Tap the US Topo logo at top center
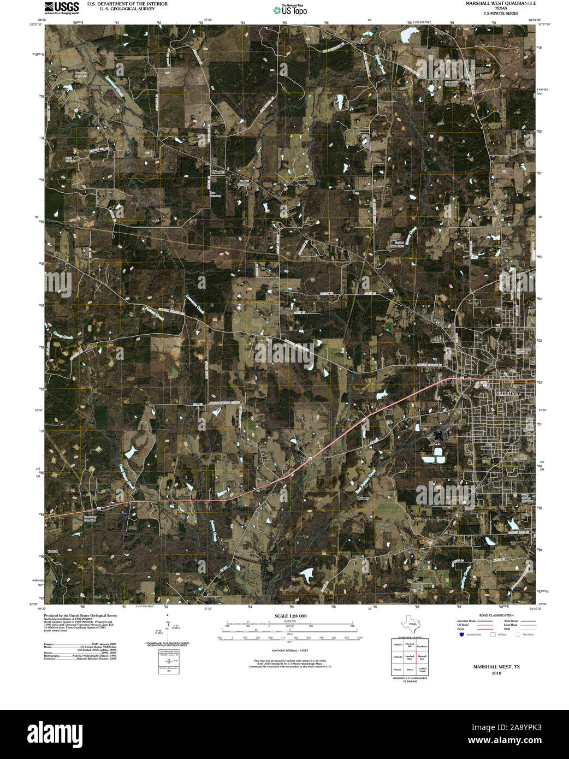pyautogui.click(x=289, y=9)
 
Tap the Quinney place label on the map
pyautogui.click(x=363, y=498)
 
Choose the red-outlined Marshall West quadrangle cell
pyautogui.click(x=410, y=657)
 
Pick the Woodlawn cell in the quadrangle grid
pyautogui.click(x=423, y=645)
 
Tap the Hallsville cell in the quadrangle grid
pyautogui.click(x=398, y=657)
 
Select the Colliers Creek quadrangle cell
pyautogui.click(x=423, y=670)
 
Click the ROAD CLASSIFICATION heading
pyautogui.click(x=496, y=615)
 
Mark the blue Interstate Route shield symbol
pyautogui.click(x=461, y=635)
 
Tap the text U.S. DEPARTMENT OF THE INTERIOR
pyautogui.click(x=127, y=4)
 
